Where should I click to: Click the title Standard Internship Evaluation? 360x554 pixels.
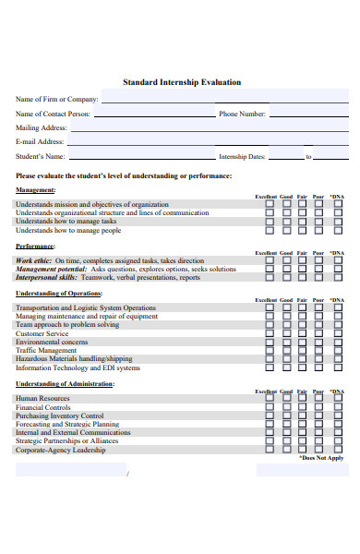click(x=182, y=82)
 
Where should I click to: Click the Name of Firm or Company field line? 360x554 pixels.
click(x=226, y=101)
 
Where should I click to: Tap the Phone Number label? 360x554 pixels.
click(x=242, y=114)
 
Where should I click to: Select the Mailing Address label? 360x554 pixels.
click(x=42, y=128)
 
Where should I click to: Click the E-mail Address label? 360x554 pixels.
click(x=40, y=142)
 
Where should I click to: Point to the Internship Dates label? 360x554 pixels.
click(x=242, y=157)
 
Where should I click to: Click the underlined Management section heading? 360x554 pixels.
click(x=36, y=190)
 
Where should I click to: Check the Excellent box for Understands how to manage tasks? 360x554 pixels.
click(x=270, y=222)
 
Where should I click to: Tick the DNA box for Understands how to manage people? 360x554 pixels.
click(x=338, y=231)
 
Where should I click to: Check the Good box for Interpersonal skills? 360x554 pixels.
click(x=286, y=278)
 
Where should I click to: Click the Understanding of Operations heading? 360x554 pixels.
click(x=59, y=294)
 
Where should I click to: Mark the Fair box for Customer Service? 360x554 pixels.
click(x=302, y=333)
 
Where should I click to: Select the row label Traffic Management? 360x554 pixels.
click(x=46, y=351)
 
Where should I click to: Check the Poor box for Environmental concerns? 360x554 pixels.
click(x=318, y=343)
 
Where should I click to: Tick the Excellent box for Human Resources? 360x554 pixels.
click(x=270, y=398)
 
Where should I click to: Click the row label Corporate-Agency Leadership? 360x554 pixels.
click(x=60, y=450)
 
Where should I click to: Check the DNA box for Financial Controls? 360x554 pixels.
click(x=338, y=407)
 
